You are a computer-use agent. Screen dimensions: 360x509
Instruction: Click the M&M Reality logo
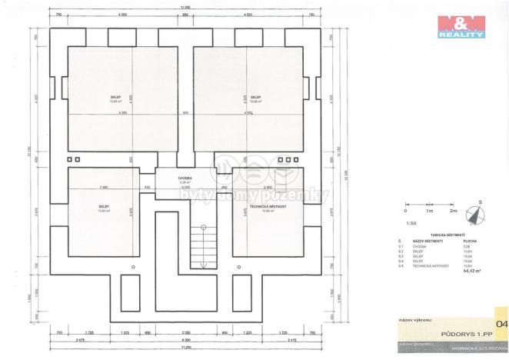coord(461,26)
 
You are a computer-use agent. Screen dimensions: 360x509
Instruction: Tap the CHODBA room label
coord(185,178)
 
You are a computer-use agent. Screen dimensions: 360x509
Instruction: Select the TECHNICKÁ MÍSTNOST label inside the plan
coord(266,208)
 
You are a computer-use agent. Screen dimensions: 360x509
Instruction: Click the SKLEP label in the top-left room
coord(115,97)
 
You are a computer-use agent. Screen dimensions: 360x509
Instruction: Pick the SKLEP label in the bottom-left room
coord(103,207)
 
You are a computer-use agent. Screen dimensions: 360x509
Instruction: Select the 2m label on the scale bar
coord(453,210)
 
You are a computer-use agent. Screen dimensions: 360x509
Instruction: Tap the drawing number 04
coord(501,324)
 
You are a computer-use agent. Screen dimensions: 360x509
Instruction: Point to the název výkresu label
coord(413,319)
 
